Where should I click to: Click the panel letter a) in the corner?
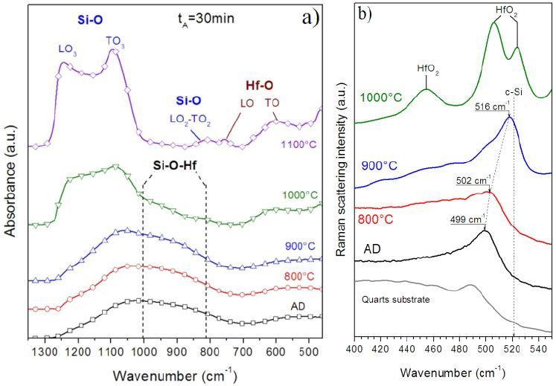point(309,16)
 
